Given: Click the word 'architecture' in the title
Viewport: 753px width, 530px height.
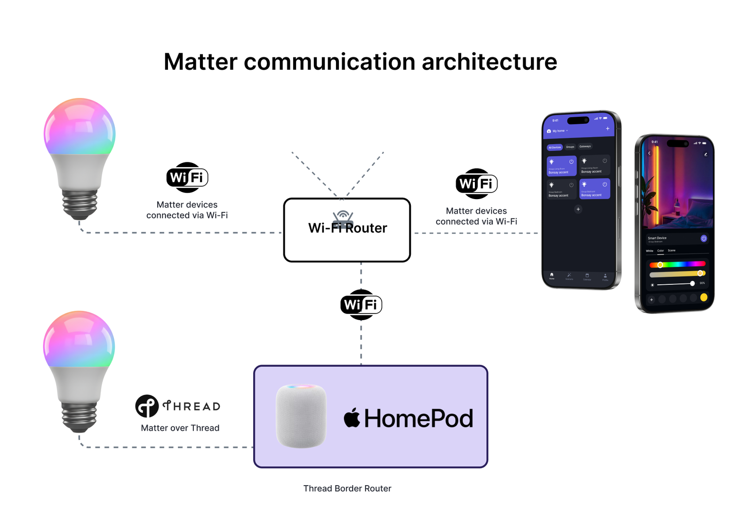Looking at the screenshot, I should click(x=489, y=62).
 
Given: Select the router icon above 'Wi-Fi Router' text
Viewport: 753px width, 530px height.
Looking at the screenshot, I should click(x=343, y=217).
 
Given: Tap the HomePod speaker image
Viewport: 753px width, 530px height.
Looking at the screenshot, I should click(x=301, y=416).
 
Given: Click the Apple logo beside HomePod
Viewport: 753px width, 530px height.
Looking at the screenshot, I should click(x=352, y=418).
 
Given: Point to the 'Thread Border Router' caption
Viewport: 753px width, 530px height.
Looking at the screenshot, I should click(x=347, y=489).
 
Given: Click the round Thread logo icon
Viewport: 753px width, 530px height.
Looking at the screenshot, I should click(x=147, y=406).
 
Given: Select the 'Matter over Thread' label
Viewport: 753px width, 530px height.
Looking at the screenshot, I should click(x=180, y=428).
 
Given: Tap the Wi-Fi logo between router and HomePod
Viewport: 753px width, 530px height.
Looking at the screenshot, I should click(x=361, y=305).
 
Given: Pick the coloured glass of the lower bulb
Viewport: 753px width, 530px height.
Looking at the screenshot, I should click(x=79, y=339).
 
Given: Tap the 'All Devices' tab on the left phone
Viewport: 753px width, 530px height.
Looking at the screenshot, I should click(x=555, y=147).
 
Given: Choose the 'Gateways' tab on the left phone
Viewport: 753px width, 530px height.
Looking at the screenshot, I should click(x=585, y=146).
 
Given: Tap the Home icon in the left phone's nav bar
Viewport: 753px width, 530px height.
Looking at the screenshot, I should click(x=552, y=275).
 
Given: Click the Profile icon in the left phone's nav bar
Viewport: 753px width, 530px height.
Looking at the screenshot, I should click(x=605, y=277).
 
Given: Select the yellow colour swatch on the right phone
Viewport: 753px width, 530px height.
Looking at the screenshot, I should click(x=704, y=297).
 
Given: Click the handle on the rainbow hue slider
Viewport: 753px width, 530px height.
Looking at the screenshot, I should click(x=660, y=265).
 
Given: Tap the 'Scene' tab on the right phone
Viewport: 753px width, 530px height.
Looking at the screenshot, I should click(x=672, y=250).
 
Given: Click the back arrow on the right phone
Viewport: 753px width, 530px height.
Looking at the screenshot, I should click(x=649, y=153).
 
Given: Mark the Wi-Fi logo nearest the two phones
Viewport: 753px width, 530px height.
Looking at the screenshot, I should click(x=476, y=184).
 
